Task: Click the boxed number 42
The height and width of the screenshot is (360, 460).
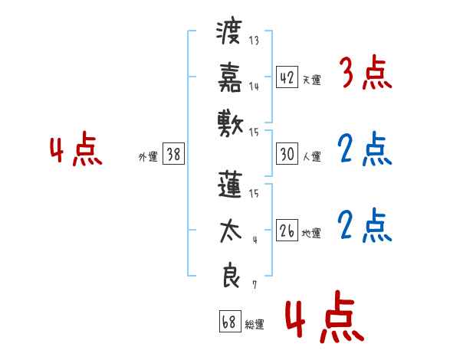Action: tap(287, 77)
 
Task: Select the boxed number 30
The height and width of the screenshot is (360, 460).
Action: tap(287, 154)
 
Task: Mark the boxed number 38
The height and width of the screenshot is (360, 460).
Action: tap(173, 155)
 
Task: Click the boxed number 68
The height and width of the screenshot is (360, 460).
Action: tap(228, 322)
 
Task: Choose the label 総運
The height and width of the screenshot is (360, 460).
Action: tap(255, 325)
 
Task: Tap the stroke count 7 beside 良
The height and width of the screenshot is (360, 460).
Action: tap(255, 284)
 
